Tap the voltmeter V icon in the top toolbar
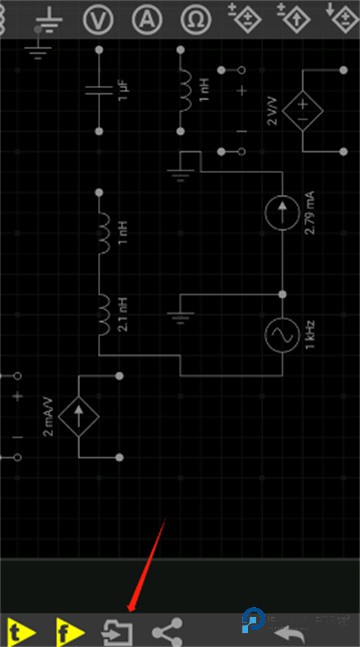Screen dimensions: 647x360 (97, 19)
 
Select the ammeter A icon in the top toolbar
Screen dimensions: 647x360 (147, 19)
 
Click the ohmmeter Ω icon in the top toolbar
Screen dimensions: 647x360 (198, 19)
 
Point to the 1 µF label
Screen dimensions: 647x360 (123, 91)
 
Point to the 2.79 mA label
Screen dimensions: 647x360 (309, 212)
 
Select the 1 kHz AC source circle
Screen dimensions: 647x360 (282, 335)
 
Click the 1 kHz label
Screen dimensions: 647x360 (309, 335)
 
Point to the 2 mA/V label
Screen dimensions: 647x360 (49, 415)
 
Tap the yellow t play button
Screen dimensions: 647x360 (19, 632)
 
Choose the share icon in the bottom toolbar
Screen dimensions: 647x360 (167, 632)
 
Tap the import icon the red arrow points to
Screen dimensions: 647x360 (118, 632)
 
